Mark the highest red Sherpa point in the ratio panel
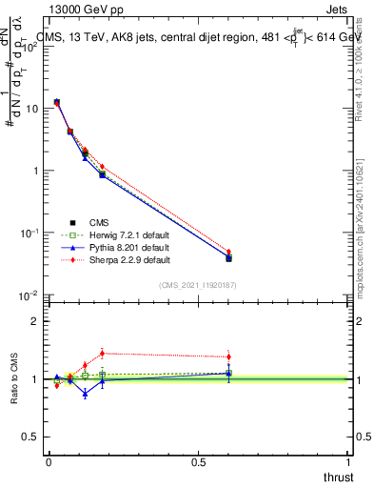(102, 353)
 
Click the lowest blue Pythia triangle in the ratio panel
(85, 392)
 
